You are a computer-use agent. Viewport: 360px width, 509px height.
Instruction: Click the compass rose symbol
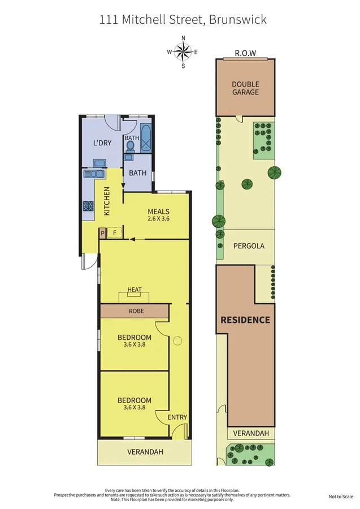[x=183, y=52]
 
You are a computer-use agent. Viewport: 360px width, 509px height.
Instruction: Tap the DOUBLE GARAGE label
[x=245, y=88]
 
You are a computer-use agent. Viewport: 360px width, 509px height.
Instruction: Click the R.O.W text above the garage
[x=245, y=54]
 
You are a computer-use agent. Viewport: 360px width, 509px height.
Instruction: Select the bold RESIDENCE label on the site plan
[x=245, y=320]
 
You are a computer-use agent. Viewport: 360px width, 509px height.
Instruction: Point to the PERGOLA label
[x=249, y=246]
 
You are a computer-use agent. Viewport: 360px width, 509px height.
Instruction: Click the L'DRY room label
[x=102, y=143]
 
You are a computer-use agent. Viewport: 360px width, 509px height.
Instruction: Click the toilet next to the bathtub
[x=131, y=146]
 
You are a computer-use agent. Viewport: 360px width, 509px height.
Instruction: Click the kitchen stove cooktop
[x=89, y=206]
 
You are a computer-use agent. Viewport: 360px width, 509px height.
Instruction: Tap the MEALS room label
[x=159, y=212]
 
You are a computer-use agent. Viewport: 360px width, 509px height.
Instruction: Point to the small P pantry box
[x=103, y=232]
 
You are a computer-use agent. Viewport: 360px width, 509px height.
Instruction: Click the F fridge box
[x=115, y=232]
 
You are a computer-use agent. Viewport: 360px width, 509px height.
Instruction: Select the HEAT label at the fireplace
[x=135, y=290]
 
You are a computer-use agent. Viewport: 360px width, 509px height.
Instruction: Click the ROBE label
[x=136, y=311]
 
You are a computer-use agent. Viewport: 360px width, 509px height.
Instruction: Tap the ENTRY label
[x=177, y=417]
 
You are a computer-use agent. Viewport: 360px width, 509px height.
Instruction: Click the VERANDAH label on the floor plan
[x=145, y=452]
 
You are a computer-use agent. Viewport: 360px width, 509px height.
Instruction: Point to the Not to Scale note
[x=341, y=497]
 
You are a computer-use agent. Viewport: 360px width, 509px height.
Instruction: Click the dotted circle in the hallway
[x=178, y=341]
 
